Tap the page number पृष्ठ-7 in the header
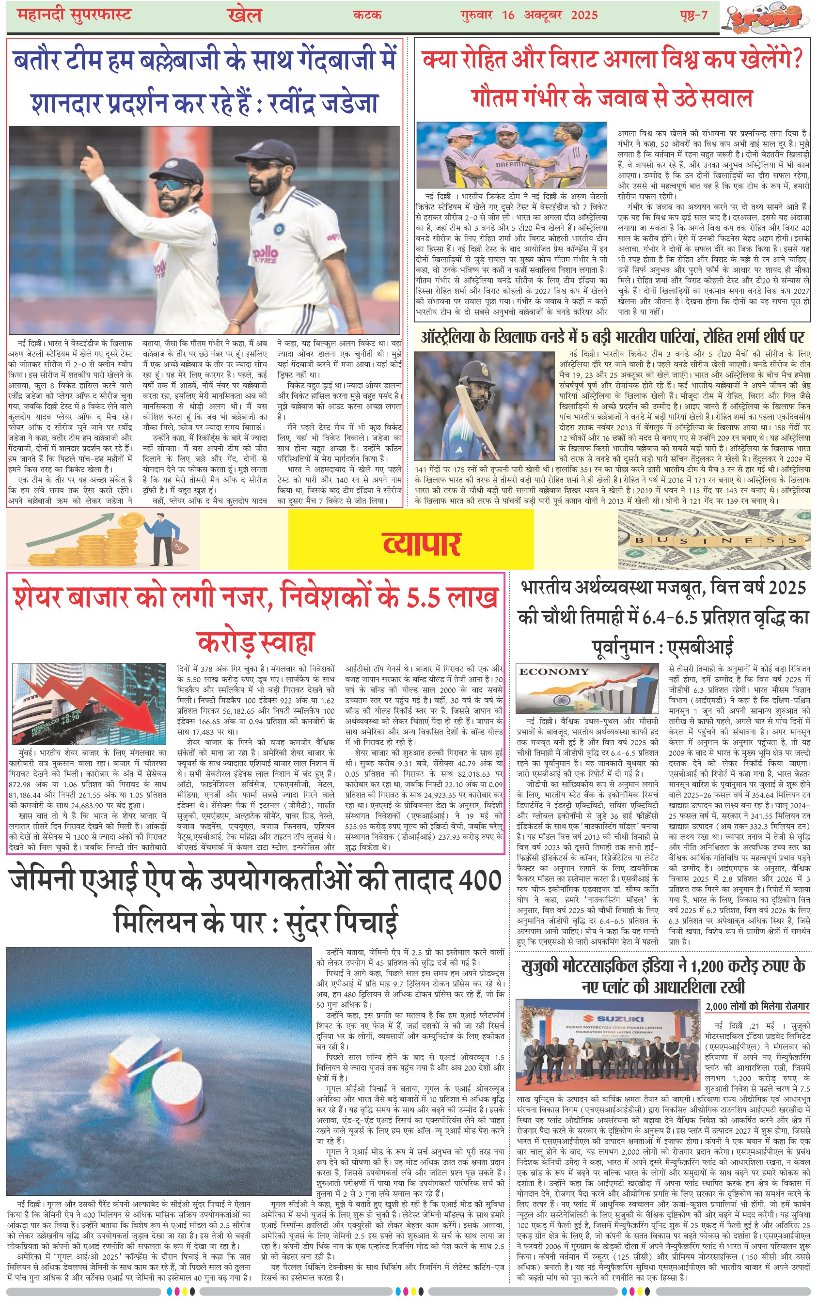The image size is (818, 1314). tap(693, 15)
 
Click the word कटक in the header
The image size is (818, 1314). tap(367, 15)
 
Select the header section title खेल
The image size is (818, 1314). tap(245, 15)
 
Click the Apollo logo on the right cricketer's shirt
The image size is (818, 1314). tap(266, 253)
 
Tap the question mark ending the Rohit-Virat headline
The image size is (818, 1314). tap(795, 59)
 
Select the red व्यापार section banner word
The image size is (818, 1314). tap(422, 544)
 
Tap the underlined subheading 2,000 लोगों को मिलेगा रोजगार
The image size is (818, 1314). tap(757, 1006)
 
